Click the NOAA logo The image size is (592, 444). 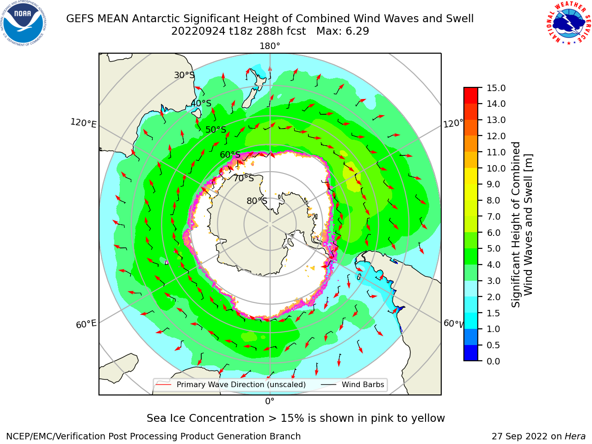click(24, 23)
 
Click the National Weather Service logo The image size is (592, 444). click(568, 23)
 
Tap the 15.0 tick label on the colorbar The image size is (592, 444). click(496, 88)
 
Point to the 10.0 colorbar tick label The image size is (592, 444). click(496, 168)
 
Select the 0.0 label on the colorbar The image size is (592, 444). click(493, 361)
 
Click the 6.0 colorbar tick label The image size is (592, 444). click(493, 233)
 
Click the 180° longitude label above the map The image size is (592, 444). click(270, 46)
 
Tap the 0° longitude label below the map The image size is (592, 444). click(270, 401)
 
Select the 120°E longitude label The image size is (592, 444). click(83, 123)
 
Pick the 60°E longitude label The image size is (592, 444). click(86, 324)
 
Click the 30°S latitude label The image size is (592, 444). click(184, 75)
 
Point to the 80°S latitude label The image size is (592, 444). click(257, 201)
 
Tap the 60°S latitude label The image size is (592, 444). click(230, 154)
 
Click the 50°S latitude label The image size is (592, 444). click(216, 129)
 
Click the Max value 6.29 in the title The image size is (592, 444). click(343, 31)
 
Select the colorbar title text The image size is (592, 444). click(522, 225)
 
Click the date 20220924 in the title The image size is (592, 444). click(198, 31)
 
